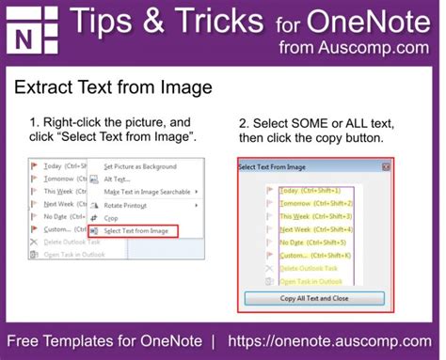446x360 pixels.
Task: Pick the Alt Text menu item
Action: point(117,179)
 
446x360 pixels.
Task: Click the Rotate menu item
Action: point(124,205)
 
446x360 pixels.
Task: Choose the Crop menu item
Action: point(111,217)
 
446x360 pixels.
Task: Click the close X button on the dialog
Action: point(386,166)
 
